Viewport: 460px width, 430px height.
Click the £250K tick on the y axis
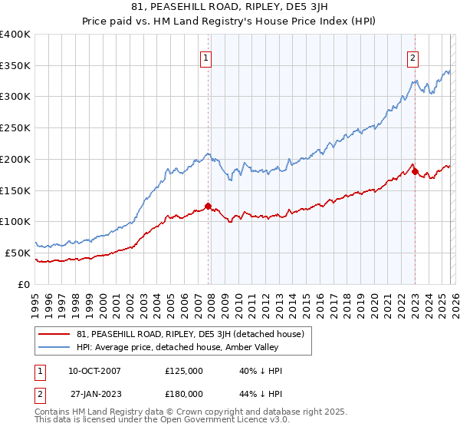pyautogui.click(x=15, y=127)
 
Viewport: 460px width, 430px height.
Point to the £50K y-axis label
pyautogui.click(x=18, y=253)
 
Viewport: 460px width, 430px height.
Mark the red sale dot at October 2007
pyautogui.click(x=208, y=206)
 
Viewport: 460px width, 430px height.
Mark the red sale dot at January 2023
pyautogui.click(x=415, y=171)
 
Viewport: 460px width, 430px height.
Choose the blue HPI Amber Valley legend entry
pyautogui.click(x=183, y=348)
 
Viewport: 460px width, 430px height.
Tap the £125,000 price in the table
pyautogui.click(x=183, y=370)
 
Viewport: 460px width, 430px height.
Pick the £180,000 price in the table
pyautogui.click(x=183, y=393)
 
